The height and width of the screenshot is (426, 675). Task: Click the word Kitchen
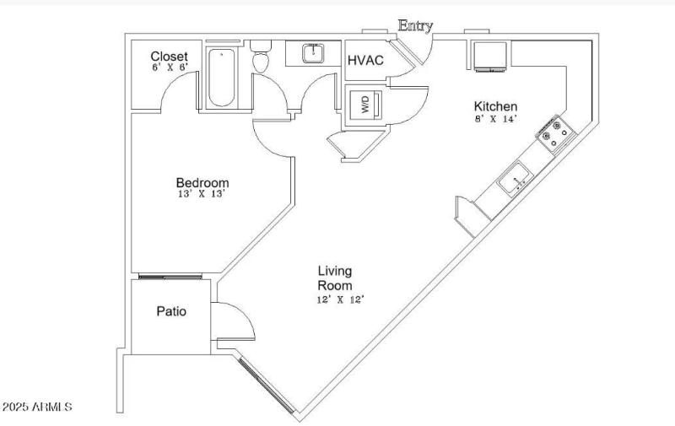[x=495, y=106]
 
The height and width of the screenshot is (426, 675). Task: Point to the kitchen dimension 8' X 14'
[x=495, y=119]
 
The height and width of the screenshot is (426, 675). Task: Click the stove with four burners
[x=555, y=133]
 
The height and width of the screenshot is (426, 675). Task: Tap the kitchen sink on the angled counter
[x=513, y=180]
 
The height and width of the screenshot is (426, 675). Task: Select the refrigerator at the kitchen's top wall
[x=489, y=56]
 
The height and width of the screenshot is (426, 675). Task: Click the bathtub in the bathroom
[x=223, y=78]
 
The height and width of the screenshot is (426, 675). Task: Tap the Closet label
[x=169, y=56]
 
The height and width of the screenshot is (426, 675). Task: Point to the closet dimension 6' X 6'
[x=169, y=67]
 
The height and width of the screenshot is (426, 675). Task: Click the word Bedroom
[x=202, y=182]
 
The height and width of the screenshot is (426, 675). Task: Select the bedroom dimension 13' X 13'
[x=202, y=194]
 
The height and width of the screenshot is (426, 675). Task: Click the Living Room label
[x=334, y=278]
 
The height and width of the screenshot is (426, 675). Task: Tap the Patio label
[x=171, y=311]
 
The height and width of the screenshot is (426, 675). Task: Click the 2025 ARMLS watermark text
[x=37, y=407]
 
